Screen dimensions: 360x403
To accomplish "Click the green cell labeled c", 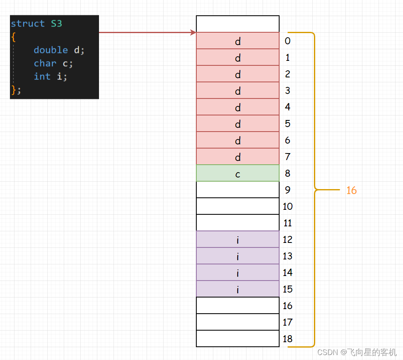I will [x=238, y=173].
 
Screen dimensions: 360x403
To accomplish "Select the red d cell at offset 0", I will [x=238, y=41].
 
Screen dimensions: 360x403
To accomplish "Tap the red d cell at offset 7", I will [x=238, y=157].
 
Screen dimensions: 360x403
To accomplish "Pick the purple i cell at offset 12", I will [x=238, y=240].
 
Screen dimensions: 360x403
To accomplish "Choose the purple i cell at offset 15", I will [x=238, y=289].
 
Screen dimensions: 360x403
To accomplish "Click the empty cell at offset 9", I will [x=238, y=190].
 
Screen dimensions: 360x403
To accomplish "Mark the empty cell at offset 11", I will [x=238, y=223].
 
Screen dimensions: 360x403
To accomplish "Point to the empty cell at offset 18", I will [x=238, y=339].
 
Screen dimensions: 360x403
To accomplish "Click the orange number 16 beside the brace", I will [x=351, y=190].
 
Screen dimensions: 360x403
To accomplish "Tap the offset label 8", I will [x=287, y=173].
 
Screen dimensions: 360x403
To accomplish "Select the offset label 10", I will [x=287, y=206].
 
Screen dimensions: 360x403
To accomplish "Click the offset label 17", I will [x=287, y=322].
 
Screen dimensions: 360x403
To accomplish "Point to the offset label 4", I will [x=287, y=107].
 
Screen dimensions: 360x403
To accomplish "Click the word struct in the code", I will [x=28, y=24].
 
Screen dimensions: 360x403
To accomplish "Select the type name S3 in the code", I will [x=56, y=24].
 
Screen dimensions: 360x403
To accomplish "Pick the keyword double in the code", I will [x=51, y=50].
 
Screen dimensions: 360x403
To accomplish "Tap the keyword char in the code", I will [x=45, y=63].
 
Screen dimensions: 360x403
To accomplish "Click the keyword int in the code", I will [x=42, y=77].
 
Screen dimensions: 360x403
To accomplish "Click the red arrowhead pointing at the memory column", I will [x=193, y=32].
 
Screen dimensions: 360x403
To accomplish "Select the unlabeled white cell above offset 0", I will [x=238, y=24].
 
